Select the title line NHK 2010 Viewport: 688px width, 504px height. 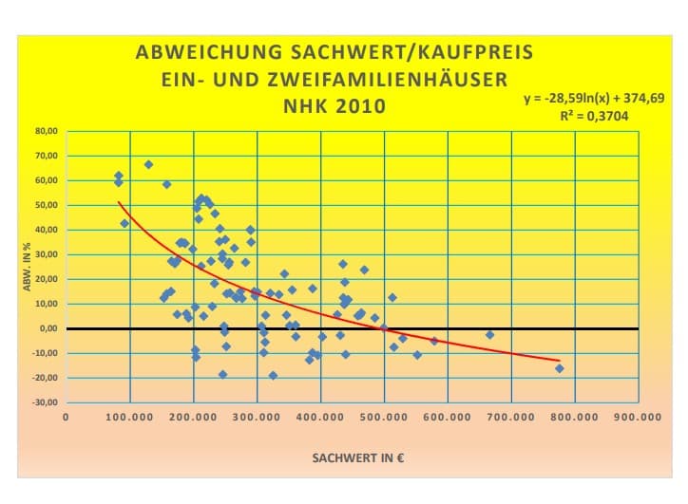334,104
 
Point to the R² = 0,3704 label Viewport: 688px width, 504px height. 595,117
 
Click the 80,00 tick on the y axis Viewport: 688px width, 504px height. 47,131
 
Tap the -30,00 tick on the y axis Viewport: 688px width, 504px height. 46,402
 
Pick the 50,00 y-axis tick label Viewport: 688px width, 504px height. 47,205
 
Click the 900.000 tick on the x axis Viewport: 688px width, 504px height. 638,417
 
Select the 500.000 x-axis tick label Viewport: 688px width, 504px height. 384,417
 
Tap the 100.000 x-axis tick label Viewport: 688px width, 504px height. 129,417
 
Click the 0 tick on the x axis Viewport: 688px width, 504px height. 66,417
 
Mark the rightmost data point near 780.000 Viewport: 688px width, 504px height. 559,368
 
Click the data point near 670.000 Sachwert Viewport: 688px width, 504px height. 489,335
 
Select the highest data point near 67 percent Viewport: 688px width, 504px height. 148,164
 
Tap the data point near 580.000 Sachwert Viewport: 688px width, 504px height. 434,341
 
